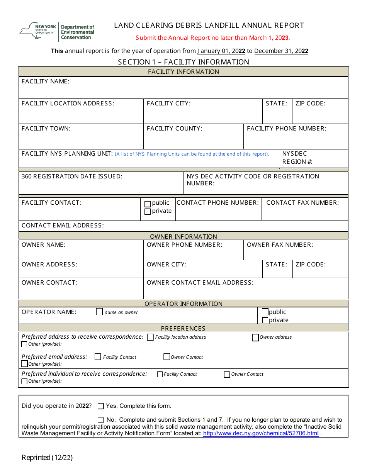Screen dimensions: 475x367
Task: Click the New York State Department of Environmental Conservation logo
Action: (57, 32)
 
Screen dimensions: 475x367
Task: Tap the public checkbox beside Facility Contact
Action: (148, 204)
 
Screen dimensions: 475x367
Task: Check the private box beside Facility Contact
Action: (148, 212)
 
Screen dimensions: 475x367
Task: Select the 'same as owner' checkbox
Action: (99, 312)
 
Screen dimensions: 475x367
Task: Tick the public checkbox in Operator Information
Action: (265, 312)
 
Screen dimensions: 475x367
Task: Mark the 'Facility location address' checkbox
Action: (150, 337)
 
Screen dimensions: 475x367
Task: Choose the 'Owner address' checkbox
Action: (255, 338)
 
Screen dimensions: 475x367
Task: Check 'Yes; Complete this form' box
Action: (101, 406)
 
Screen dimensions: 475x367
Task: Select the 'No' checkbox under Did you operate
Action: (101, 420)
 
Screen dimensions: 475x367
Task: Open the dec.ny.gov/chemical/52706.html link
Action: (261, 433)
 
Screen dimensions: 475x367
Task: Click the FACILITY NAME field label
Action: (46, 81)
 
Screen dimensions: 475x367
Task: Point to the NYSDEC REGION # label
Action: (297, 158)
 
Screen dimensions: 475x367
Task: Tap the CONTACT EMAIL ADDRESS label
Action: (63, 226)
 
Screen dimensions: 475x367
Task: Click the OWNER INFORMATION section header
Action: (183, 236)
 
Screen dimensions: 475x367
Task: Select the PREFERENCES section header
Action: (183, 328)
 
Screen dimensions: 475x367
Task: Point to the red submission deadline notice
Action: (212, 38)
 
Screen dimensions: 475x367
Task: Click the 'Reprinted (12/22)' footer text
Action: (47, 458)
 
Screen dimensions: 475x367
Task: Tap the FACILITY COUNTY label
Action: (175, 129)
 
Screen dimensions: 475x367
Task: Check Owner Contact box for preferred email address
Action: (167, 357)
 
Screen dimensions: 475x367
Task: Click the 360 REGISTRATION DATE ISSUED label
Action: (72, 176)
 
